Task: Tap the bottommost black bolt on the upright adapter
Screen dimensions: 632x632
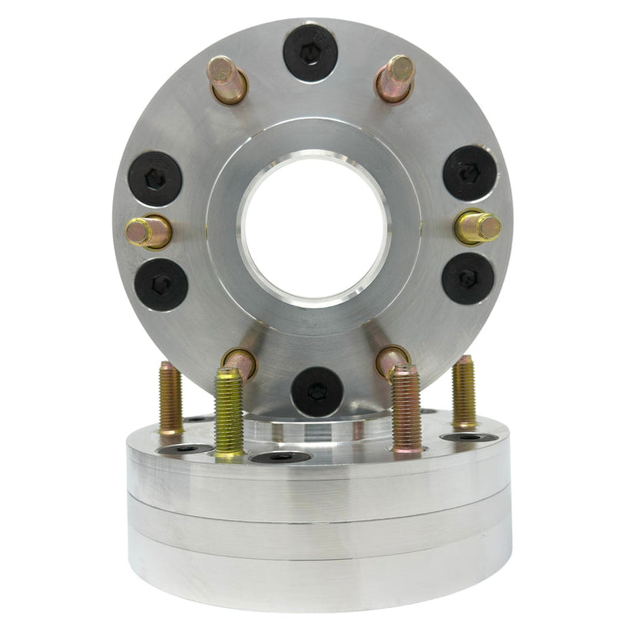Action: (316, 391)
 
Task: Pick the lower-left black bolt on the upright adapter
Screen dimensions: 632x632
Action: (161, 284)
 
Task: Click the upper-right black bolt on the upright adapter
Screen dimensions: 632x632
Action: (469, 173)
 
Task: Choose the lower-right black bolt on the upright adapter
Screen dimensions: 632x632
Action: (468, 278)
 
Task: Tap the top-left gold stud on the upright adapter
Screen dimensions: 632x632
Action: (227, 79)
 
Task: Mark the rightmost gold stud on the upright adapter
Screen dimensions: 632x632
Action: (478, 227)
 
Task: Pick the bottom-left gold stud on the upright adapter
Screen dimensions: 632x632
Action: (239, 361)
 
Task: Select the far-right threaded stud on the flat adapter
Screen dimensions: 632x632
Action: (463, 392)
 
